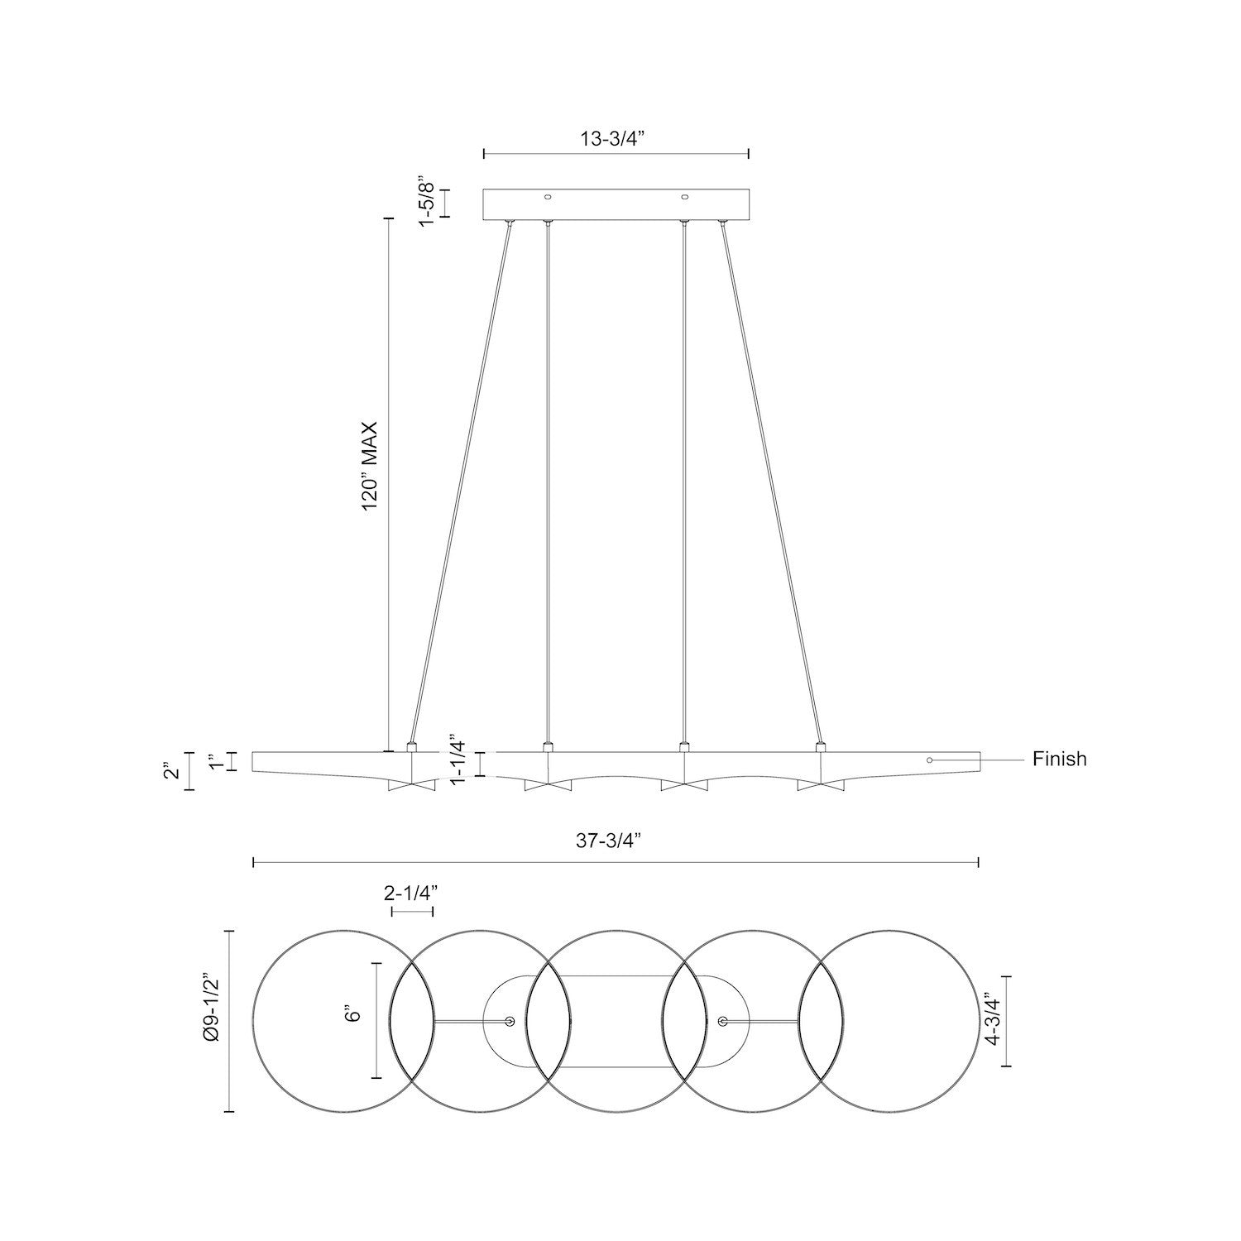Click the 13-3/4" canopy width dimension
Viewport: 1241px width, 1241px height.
pos(613,138)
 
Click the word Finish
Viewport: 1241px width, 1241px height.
pos(1059,759)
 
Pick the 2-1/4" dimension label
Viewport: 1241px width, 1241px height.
pos(410,893)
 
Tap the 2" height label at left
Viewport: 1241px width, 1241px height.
pos(172,771)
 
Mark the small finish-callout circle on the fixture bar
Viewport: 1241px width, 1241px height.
pos(929,759)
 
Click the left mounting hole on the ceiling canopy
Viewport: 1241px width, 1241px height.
pos(547,197)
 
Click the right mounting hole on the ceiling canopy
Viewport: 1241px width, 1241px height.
pos(684,197)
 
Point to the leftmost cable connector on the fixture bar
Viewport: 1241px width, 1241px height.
pos(411,748)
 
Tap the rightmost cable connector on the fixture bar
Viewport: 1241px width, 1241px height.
pos(821,748)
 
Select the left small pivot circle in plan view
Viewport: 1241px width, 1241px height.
pos(510,1022)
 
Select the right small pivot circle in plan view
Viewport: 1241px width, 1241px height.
pos(723,1022)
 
